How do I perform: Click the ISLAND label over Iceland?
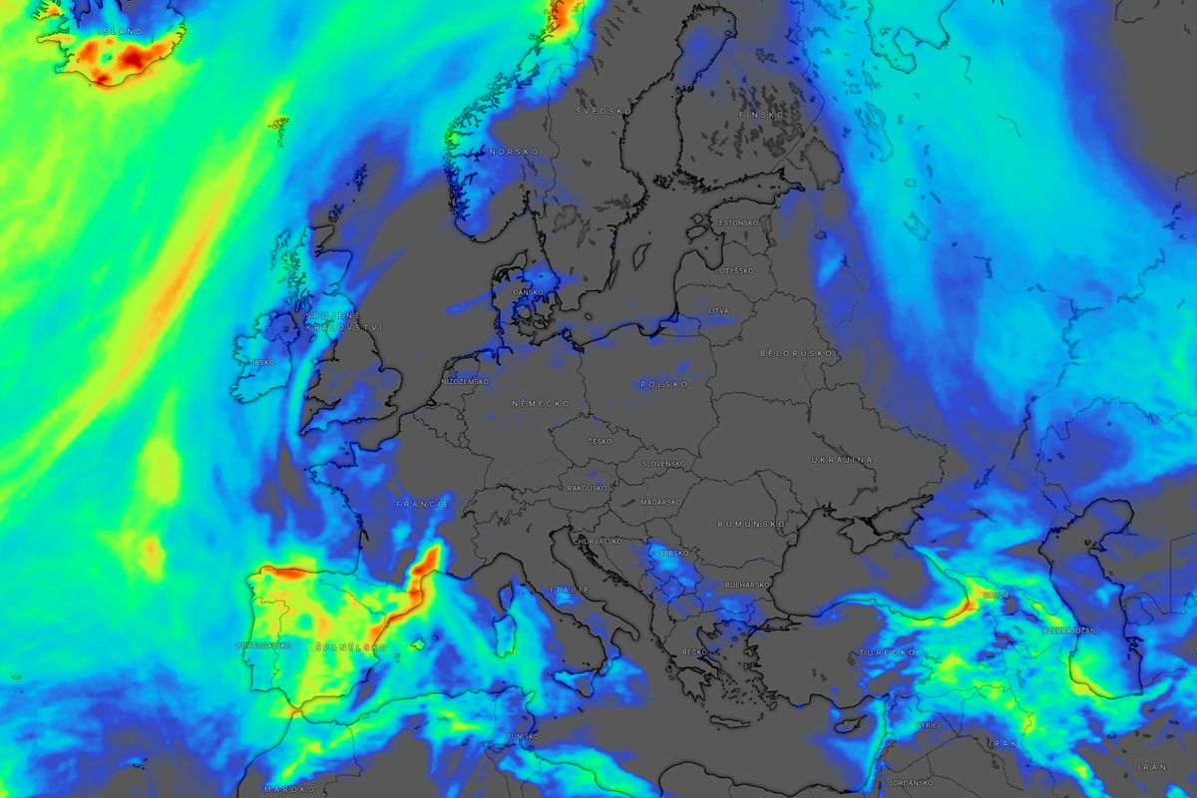(x=119, y=32)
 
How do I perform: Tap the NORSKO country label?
(x=514, y=152)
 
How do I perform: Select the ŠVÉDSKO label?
(x=598, y=110)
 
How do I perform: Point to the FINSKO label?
(x=755, y=115)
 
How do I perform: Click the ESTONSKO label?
(x=737, y=222)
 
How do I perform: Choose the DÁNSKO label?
(x=528, y=292)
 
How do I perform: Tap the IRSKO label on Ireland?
(x=263, y=362)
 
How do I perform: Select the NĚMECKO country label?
(x=541, y=404)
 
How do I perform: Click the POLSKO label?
(x=664, y=384)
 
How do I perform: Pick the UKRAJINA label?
(x=841, y=460)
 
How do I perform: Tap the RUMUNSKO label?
(x=751, y=524)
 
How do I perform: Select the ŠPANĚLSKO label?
(x=350, y=647)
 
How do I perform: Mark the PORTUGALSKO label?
(x=263, y=645)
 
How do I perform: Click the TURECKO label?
(x=887, y=652)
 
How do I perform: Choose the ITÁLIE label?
(x=568, y=591)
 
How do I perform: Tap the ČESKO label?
(x=599, y=441)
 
